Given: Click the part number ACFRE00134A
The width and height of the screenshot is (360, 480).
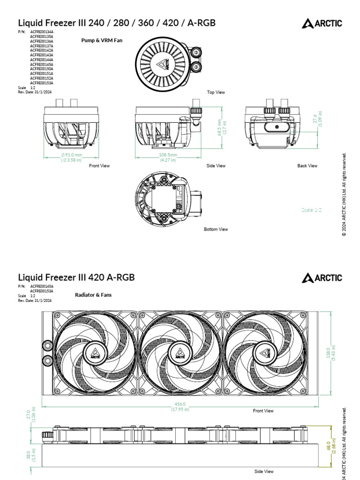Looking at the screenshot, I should pos(42,32).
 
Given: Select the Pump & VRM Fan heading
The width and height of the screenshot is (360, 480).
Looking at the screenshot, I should pos(102,41).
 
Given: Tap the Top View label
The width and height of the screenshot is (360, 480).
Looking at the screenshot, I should pos(216,92).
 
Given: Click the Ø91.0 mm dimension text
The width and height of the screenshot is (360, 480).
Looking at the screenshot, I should pos(71,155).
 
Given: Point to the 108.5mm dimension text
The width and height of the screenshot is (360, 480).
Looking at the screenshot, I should pos(168,155).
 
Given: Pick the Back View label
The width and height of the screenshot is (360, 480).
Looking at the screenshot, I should pos(307,166).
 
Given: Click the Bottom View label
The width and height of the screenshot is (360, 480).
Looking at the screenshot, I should pos(216,229).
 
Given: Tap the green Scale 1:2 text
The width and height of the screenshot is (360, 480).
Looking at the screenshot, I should pos(311,210).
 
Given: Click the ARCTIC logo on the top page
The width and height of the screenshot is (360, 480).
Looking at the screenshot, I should pos(322,23).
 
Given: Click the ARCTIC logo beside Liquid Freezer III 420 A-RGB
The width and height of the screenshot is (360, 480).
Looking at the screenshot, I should pos(322,278).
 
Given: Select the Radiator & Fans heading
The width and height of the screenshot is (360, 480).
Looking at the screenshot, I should pos(93,295).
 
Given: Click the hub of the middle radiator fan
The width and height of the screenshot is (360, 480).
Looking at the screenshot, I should pos(180,352).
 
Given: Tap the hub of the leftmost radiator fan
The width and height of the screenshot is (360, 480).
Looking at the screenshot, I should pos(96,352).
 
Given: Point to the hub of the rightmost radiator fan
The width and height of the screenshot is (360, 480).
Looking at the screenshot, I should pos(263,352).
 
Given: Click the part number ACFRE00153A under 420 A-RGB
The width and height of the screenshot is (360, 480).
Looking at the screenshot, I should pos(42,291).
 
